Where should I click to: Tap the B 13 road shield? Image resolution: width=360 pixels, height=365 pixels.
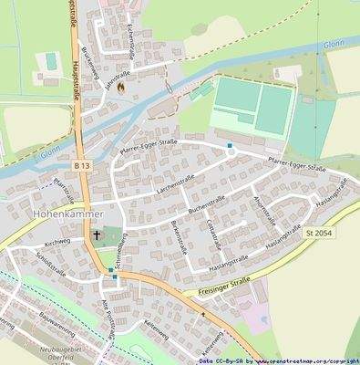point(83,165)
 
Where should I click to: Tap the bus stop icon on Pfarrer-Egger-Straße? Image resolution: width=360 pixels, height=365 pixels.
point(231,145)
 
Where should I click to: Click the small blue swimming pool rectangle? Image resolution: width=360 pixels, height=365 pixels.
point(49,62)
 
